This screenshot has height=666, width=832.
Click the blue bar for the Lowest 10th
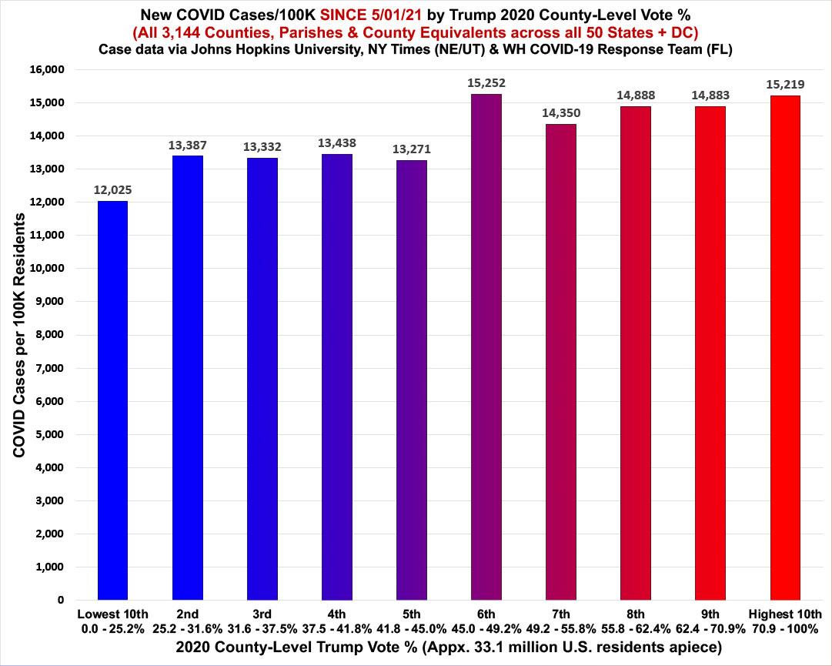(112, 400)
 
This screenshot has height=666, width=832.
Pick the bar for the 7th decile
(560, 362)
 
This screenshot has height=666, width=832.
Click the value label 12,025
(112, 189)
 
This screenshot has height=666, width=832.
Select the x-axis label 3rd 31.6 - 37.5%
(262, 621)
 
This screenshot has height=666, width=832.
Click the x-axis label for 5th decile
(412, 621)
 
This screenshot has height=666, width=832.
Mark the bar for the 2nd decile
(187, 377)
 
